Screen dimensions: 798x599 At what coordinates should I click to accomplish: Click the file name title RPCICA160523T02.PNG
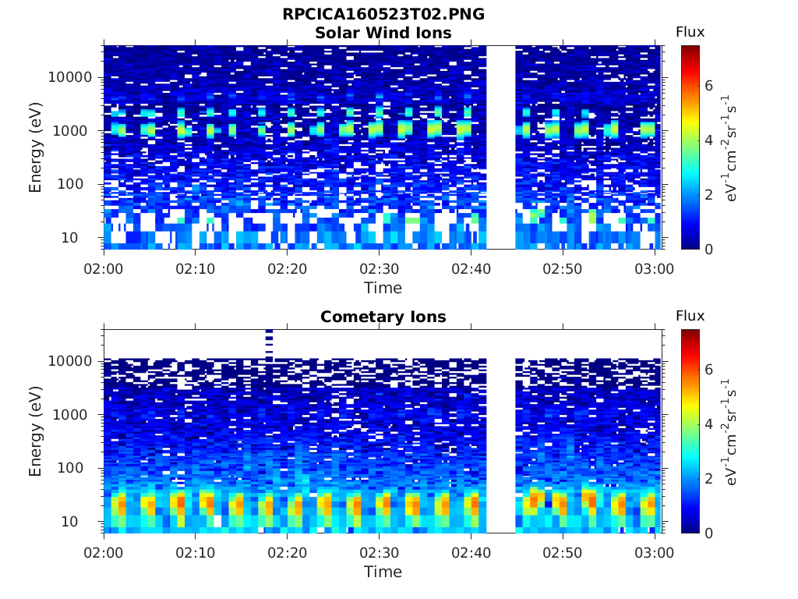tap(383, 14)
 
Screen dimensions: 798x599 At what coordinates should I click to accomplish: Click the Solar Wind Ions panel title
tap(383, 33)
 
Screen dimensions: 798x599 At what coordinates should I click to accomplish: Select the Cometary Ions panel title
tap(383, 317)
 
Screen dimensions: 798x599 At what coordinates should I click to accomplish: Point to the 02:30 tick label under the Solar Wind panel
tap(380, 269)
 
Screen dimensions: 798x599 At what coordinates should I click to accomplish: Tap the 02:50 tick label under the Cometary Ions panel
tap(563, 553)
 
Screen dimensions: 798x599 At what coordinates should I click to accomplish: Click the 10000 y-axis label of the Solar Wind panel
tap(70, 77)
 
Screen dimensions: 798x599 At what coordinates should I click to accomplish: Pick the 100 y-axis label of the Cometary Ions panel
tap(70, 468)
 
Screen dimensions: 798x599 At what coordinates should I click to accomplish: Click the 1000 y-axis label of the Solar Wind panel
tap(70, 131)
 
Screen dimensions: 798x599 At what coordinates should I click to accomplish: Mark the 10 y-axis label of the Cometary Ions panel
tap(69, 522)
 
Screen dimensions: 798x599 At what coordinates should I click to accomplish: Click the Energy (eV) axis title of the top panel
tap(35, 147)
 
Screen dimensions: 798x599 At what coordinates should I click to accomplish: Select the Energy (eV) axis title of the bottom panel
tap(35, 431)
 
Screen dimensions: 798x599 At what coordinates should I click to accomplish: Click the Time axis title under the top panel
tap(383, 288)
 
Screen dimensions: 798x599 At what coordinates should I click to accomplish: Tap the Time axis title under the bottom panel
tap(383, 572)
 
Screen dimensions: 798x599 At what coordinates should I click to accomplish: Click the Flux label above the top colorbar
tap(690, 32)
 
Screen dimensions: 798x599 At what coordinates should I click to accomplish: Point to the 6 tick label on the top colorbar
tap(708, 86)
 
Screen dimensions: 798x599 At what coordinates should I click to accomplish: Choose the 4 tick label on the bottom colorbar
tap(708, 424)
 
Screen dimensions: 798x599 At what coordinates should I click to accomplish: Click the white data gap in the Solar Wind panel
tap(501, 147)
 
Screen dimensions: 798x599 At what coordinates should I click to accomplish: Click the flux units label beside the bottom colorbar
tap(729, 432)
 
